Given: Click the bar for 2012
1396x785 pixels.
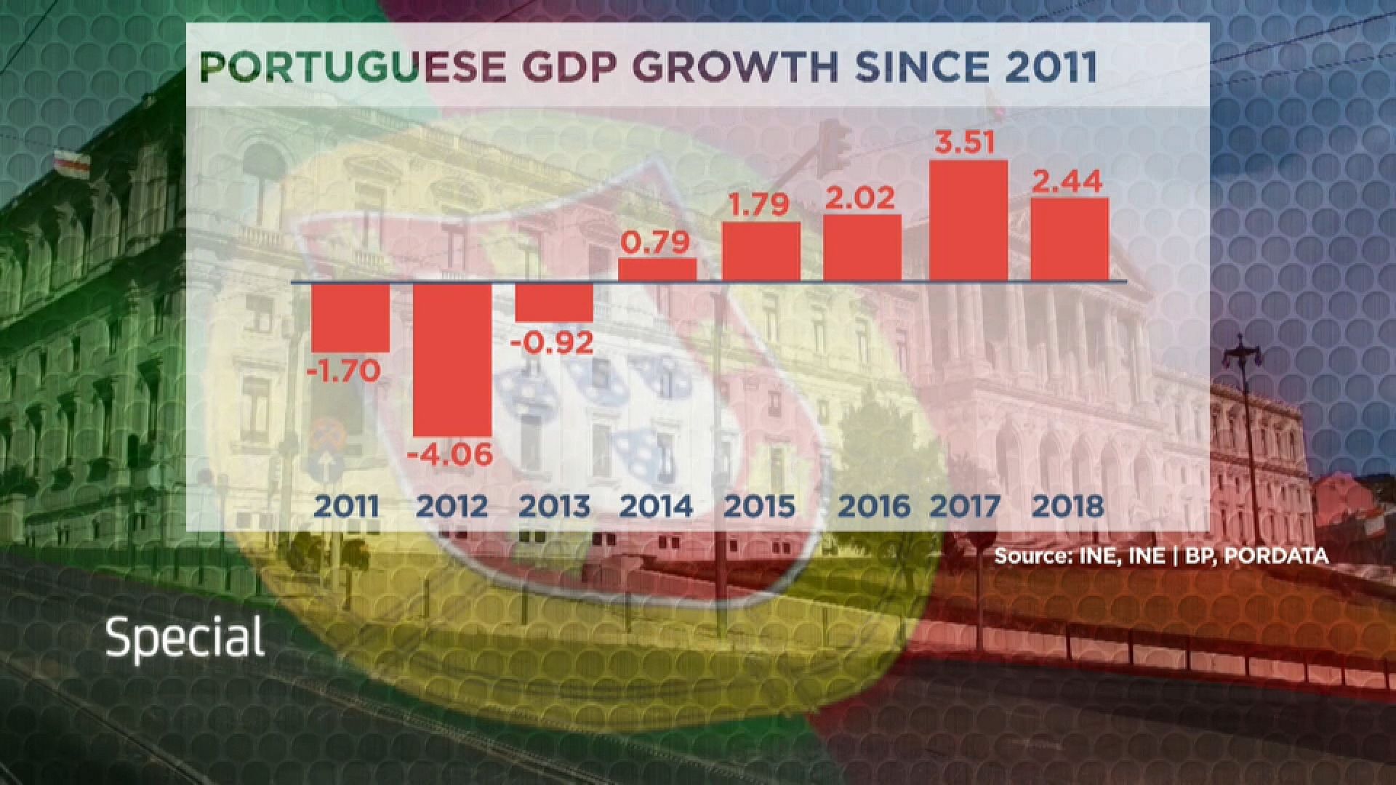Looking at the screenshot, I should [x=452, y=359].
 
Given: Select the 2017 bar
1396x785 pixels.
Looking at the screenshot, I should [x=968, y=221].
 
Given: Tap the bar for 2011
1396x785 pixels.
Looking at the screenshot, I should [x=350, y=317].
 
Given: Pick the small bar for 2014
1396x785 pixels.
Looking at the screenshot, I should [x=657, y=270].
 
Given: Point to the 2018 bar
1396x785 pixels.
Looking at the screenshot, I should [x=1070, y=239].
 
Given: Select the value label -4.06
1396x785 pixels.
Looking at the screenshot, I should [x=450, y=455].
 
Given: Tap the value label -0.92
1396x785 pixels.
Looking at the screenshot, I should [x=553, y=342].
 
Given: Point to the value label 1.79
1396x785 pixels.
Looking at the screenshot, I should [x=760, y=204].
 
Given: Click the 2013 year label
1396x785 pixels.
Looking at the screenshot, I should [x=554, y=506].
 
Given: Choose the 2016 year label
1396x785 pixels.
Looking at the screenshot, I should [x=874, y=506].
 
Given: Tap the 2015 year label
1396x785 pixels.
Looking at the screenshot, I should [x=760, y=506].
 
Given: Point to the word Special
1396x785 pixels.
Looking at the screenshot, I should [x=185, y=638].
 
